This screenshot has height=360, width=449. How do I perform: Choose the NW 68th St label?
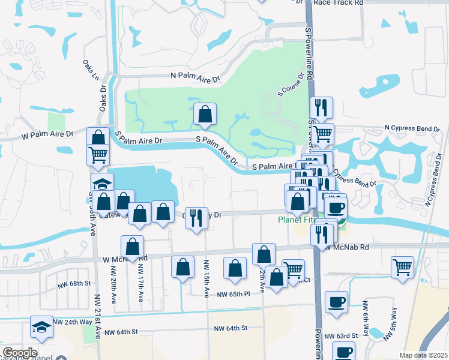click(74, 283)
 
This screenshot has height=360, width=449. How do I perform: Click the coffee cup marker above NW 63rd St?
click(336, 302)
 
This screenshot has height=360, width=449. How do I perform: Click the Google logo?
click(19, 353)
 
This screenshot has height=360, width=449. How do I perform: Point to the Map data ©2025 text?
click(423, 355)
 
